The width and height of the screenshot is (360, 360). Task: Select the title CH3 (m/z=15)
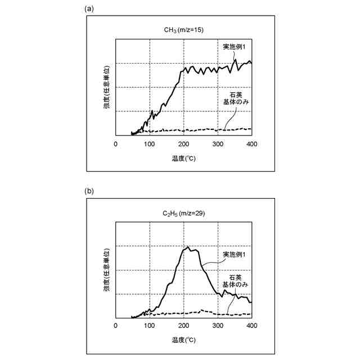(184, 30)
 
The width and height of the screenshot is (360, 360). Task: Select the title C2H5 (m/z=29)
(184, 213)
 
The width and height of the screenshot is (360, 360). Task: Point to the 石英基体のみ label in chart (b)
(236, 281)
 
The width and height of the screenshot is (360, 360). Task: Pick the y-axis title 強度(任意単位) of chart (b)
(106, 271)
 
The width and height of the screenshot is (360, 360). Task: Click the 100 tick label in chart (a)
(149, 143)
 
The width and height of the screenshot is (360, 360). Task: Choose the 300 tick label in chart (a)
(218, 143)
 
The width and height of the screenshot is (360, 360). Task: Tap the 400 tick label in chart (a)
(251, 143)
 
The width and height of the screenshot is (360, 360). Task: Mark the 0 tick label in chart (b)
(115, 326)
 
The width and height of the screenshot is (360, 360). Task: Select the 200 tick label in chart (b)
(183, 326)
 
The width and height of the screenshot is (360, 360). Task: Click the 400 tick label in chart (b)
(251, 326)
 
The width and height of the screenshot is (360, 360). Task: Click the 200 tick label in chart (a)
(183, 143)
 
